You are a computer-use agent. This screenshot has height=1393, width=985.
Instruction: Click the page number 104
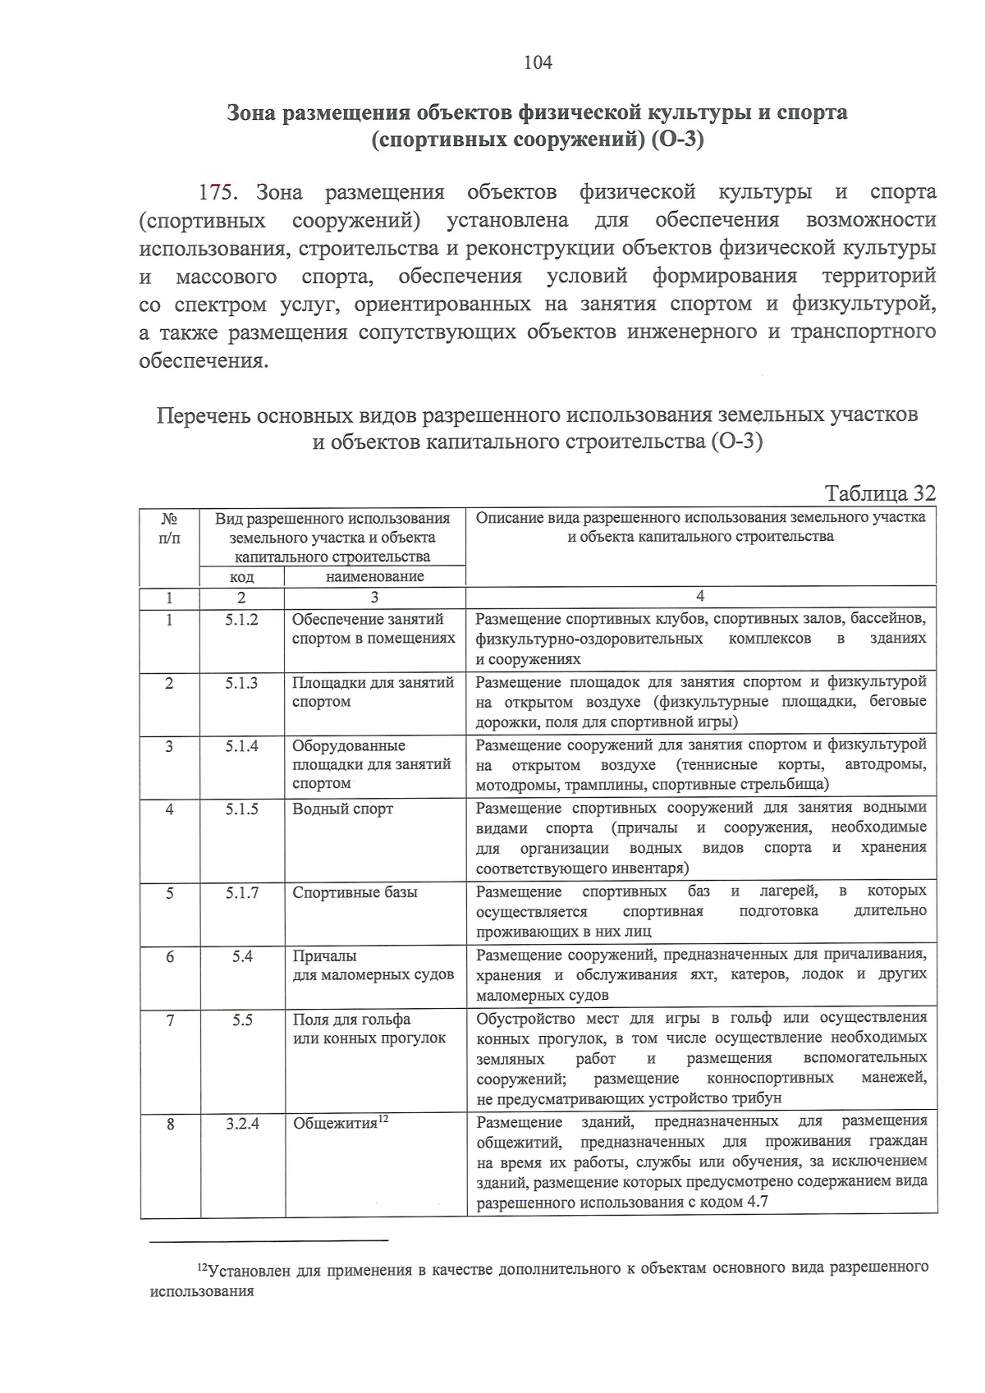538,62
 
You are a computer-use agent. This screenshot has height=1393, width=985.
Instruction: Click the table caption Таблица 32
879,493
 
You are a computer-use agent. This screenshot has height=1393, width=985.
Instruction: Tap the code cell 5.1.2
241,620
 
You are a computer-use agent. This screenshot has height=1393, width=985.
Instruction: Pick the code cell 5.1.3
241,683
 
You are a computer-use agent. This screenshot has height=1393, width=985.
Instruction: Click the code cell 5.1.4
241,746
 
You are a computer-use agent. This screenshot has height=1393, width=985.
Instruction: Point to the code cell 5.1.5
241,809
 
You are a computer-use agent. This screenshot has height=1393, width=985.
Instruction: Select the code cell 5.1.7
241,893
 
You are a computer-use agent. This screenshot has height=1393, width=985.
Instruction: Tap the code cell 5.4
241,956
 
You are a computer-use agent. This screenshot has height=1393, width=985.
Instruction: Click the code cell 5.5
241,1020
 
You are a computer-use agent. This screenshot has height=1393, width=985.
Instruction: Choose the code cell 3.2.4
242,1124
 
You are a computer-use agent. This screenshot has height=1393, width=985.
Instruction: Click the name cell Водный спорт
343,809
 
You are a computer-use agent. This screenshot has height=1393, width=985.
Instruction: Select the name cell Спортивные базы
355,893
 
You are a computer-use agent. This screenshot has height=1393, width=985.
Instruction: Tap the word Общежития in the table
335,1124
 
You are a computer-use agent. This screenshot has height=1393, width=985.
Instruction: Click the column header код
241,577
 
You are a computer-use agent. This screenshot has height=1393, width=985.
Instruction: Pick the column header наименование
374,576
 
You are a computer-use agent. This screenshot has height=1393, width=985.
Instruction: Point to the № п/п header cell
169,529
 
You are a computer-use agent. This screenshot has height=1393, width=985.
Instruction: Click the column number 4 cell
700,597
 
